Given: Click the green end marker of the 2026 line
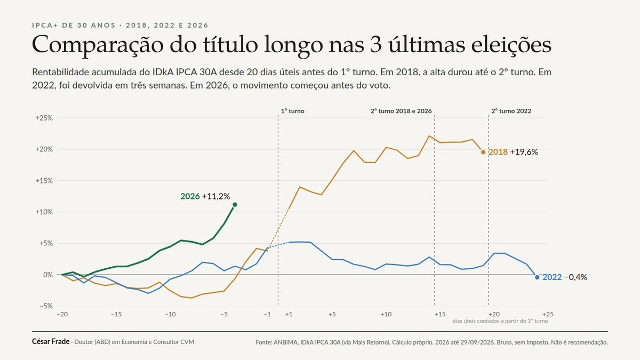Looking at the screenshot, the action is point(235,205).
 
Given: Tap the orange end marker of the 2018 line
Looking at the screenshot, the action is point(483,153).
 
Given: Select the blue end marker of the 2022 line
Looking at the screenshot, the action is point(537,277).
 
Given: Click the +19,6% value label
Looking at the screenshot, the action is point(524,152).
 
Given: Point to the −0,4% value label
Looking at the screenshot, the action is point(575,277).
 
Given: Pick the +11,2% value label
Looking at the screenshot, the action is point(215,196).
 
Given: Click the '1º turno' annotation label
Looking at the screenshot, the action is point(293,111).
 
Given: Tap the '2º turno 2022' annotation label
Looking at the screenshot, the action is point(511,111).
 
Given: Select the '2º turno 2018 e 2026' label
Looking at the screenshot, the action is point(401,111).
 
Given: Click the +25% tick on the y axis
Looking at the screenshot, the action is point(44,118).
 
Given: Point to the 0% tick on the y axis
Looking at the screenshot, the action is point(48,275).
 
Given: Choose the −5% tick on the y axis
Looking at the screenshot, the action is point(46,306).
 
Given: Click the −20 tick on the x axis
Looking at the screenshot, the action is point(62,315).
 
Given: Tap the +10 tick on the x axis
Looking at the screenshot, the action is point(386,315).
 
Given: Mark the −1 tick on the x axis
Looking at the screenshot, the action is point(267,315).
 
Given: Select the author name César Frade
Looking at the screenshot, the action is point(51,341).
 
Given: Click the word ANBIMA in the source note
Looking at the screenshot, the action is point(285,342).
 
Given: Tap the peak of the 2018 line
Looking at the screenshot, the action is point(429,136).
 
